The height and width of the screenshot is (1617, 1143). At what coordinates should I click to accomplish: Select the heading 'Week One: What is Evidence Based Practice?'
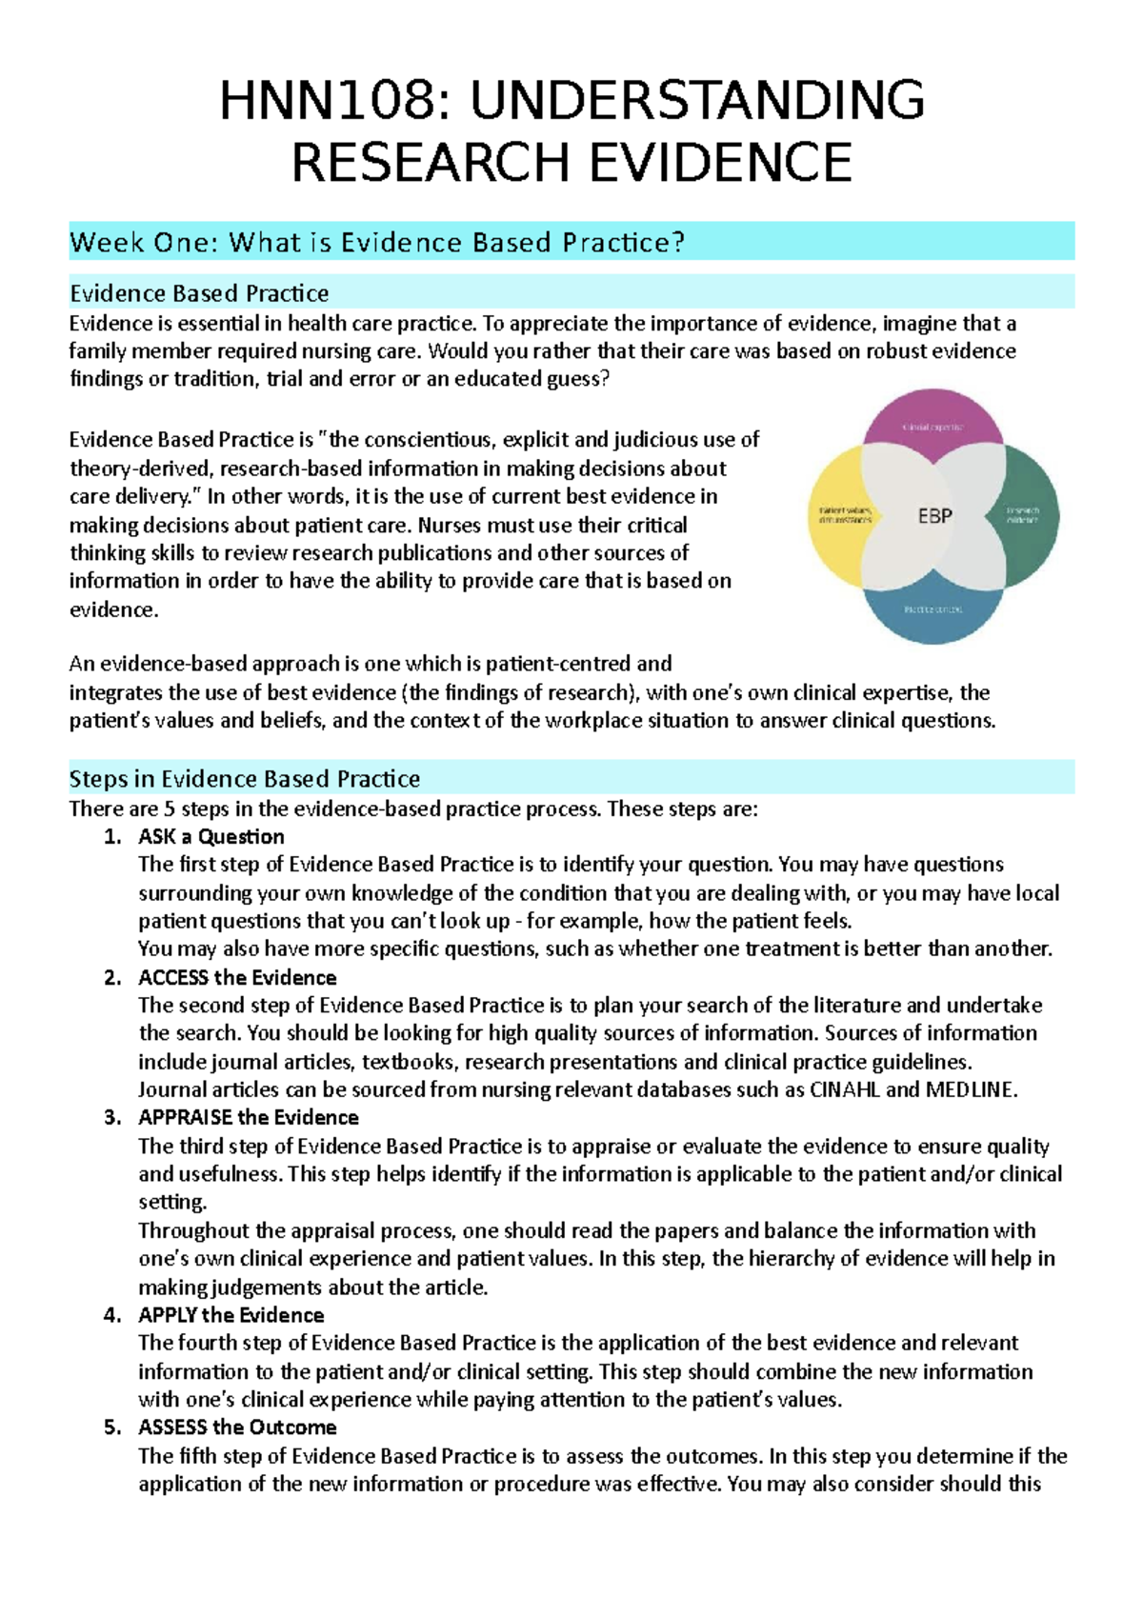(x=377, y=243)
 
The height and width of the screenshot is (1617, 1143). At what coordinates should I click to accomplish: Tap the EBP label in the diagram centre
(x=934, y=516)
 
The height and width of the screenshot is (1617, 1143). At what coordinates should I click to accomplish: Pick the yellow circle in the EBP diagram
(x=837, y=517)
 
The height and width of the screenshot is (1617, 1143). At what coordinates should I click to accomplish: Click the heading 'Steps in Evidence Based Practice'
(x=244, y=779)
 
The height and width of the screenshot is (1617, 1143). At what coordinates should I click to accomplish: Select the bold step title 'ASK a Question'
(x=211, y=837)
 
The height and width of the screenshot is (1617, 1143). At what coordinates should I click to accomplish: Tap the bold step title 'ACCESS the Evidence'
(x=237, y=978)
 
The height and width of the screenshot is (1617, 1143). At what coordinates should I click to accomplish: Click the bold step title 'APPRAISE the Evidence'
(x=249, y=1118)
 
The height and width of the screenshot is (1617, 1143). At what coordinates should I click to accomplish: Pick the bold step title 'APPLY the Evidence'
(x=231, y=1315)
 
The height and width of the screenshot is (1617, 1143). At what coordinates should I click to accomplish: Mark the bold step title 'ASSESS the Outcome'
(x=237, y=1427)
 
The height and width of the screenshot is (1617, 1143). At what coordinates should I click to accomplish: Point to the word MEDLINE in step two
(x=971, y=1090)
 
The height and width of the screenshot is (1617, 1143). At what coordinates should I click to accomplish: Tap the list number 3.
(x=112, y=1118)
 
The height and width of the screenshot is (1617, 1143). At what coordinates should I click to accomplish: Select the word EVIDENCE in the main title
(x=720, y=162)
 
